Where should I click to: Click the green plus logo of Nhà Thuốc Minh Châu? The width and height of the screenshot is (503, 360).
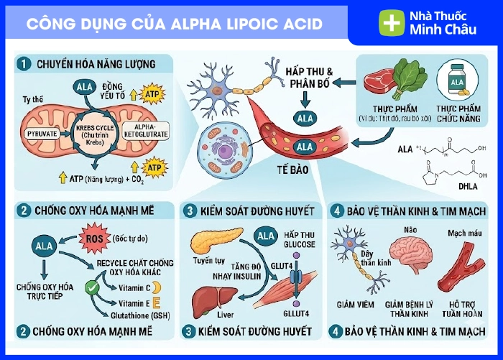click(x=392, y=22)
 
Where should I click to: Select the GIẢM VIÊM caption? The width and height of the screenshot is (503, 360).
click(x=355, y=304)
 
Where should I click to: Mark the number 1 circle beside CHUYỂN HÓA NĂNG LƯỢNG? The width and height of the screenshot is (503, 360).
click(x=26, y=65)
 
